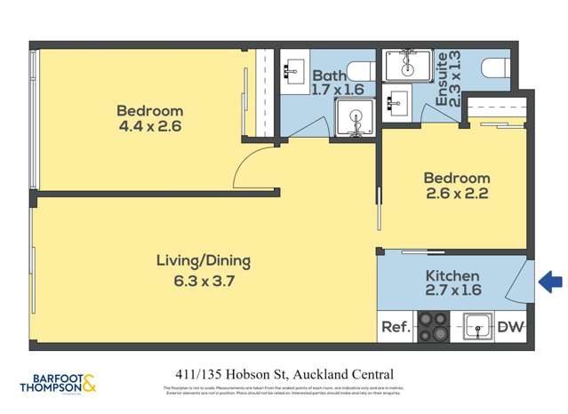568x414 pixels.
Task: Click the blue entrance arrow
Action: pos(551,283)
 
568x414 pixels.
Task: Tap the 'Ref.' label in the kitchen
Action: pos(396,327)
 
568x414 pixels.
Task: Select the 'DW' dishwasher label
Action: pos(510,327)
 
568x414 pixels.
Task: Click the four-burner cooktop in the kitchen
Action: pos(433,327)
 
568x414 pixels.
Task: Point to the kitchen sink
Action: pos(479,327)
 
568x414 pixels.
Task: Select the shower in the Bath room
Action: pos(354,118)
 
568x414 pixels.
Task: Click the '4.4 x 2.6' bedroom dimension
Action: pos(150,127)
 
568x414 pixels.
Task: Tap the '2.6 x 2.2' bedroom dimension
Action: pos(456,193)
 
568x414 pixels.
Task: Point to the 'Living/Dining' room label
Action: pos(204,261)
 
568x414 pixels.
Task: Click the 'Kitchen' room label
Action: pos(452,276)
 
